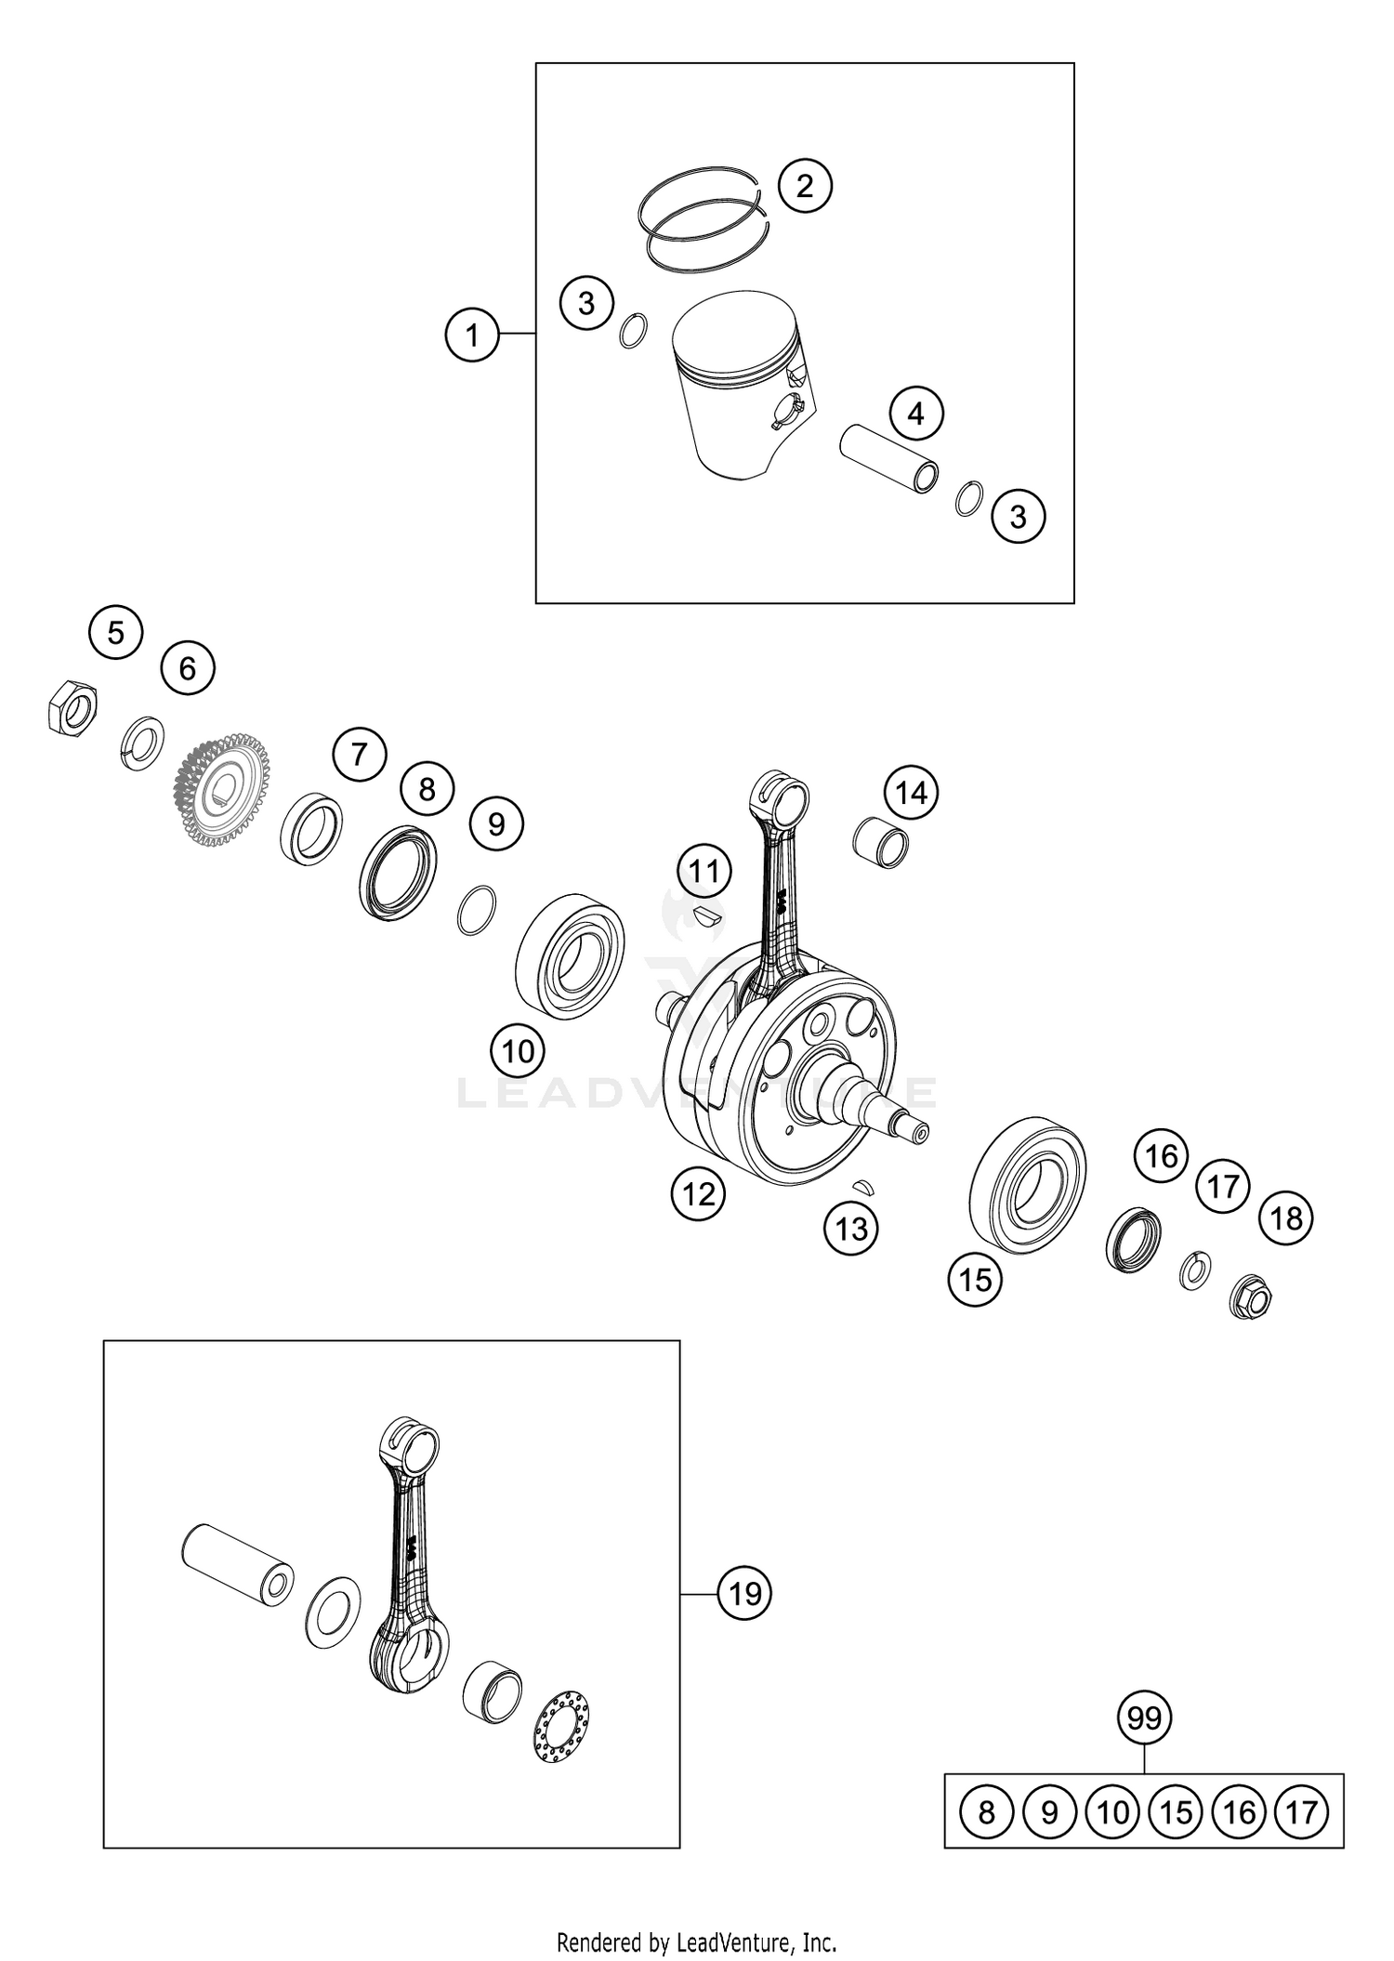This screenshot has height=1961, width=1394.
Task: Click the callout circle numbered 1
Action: pos(472,335)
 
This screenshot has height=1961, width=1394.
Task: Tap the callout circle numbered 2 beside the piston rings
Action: pos(804,186)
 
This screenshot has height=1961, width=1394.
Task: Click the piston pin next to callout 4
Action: pos(889,458)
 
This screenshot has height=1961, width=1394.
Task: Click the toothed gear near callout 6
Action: pos(221,790)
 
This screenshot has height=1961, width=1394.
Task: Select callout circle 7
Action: pos(360,754)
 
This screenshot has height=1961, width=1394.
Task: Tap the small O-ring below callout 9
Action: pos(477,911)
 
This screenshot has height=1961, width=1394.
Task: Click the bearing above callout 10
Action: pos(570,956)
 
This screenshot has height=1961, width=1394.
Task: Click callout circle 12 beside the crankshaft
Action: pos(699,1193)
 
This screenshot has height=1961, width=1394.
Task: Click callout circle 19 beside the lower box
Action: pos(744,1593)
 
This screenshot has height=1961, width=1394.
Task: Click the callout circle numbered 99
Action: pos(1144,1718)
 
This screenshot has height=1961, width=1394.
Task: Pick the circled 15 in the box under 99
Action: pos(1176,1811)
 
